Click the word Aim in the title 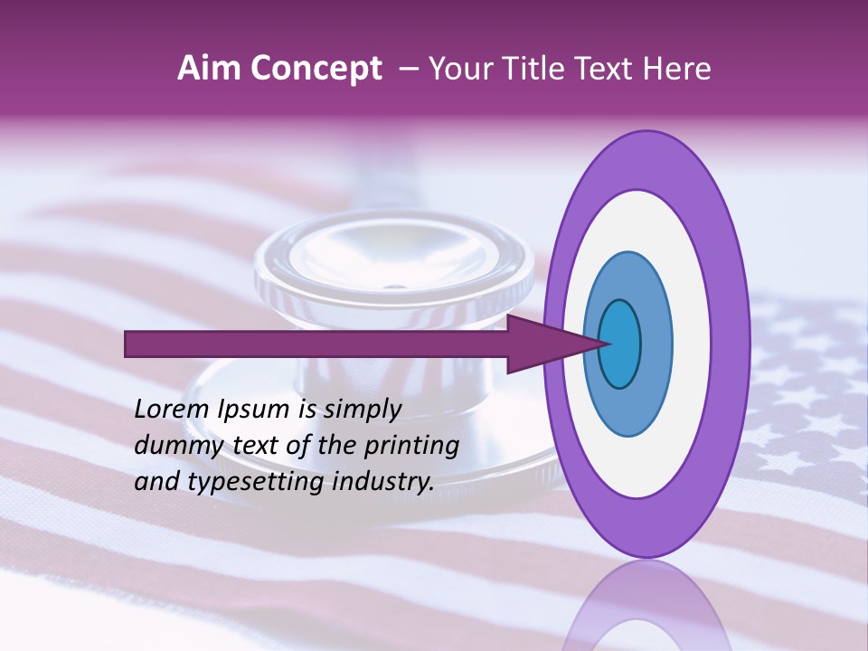[x=208, y=69]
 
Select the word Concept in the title [x=316, y=69]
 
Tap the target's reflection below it [x=647, y=610]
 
